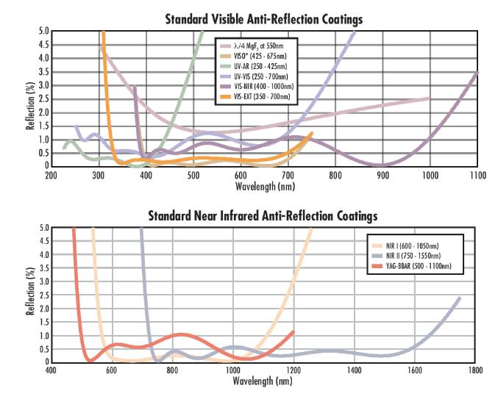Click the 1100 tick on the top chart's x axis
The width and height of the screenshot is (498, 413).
(x=477, y=176)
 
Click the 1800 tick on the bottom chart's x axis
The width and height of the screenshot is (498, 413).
(x=475, y=372)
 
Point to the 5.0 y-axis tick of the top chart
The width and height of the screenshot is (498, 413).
(x=42, y=32)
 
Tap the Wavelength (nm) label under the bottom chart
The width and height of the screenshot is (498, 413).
(x=263, y=382)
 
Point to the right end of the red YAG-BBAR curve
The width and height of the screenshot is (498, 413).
(x=294, y=332)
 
